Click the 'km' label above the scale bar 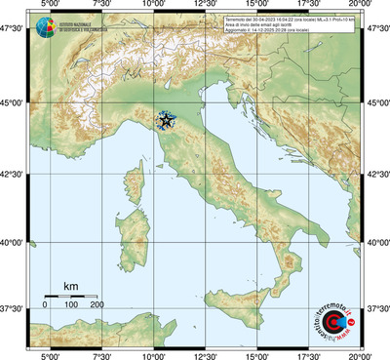click(x=70, y=286)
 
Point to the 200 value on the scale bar click(x=97, y=305)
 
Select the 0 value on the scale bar click(x=44, y=305)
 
